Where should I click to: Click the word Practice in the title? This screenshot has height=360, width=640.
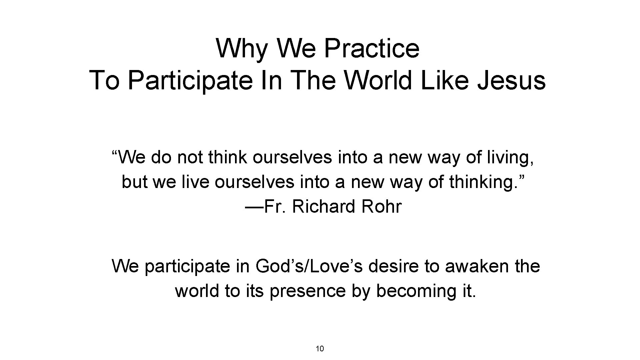click(x=372, y=48)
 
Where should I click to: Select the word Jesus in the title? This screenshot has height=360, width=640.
click(x=512, y=80)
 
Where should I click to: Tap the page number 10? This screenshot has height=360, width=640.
click(x=320, y=349)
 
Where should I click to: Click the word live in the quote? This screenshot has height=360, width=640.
click(x=196, y=182)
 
